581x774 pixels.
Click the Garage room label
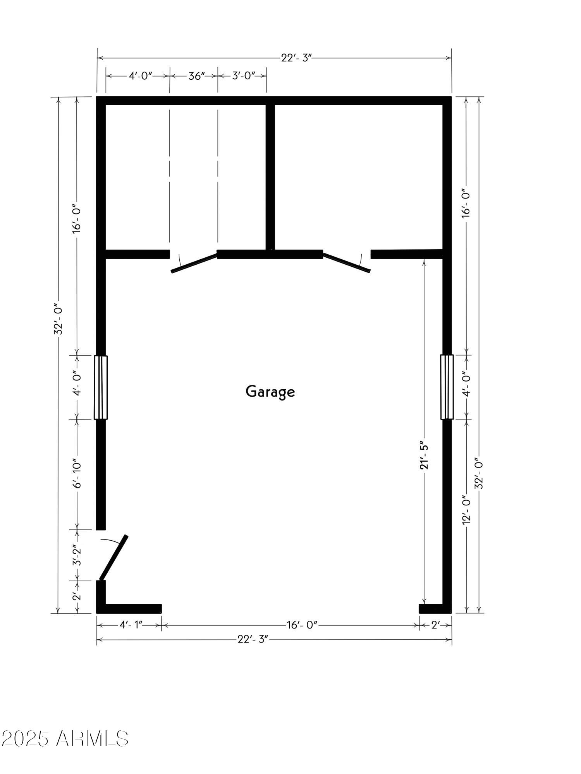click(270, 391)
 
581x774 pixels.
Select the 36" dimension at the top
click(196, 76)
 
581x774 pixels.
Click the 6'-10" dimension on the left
click(77, 474)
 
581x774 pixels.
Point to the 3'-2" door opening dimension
click(77, 555)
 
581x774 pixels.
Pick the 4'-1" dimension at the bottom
click(131, 625)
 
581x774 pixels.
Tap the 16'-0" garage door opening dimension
click(302, 625)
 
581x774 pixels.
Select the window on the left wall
click(101, 387)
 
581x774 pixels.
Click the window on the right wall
click(447, 387)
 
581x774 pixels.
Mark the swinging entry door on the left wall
click(114, 557)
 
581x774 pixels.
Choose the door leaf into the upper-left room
click(194, 263)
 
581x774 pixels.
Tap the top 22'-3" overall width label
click(296, 58)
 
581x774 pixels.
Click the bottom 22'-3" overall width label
click(253, 639)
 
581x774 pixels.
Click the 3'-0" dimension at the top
click(244, 76)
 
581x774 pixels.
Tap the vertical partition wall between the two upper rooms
click(270, 176)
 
